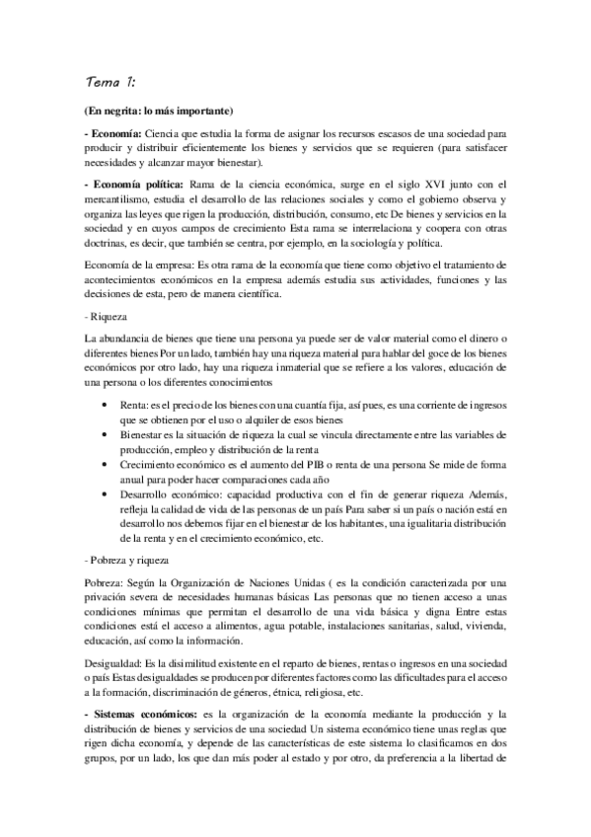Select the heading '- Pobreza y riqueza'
pyautogui.click(x=126, y=559)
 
